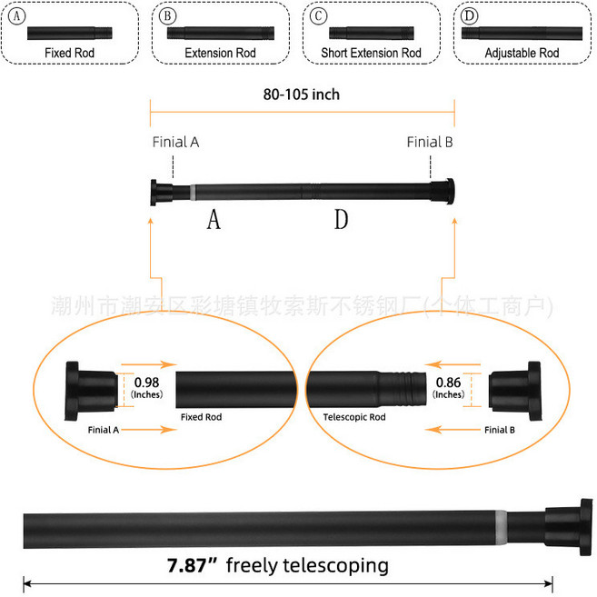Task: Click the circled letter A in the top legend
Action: point(16,16)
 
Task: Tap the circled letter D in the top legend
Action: point(469,16)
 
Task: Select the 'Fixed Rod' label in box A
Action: point(70,53)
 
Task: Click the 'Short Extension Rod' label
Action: point(372,53)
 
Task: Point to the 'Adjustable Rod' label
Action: point(522,53)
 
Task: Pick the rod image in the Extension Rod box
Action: point(221,34)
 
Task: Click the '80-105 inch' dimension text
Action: point(302,95)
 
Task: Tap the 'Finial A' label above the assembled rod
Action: point(176,142)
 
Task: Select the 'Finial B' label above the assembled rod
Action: point(430,142)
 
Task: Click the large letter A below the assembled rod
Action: point(214,219)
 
